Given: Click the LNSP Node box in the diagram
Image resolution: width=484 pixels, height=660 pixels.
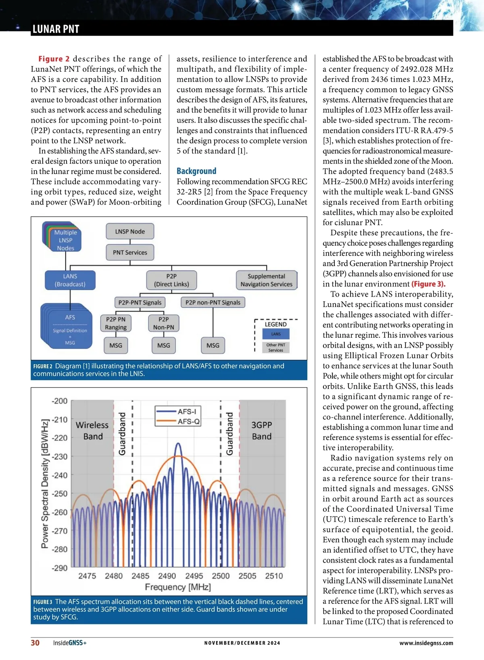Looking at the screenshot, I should [x=130, y=231].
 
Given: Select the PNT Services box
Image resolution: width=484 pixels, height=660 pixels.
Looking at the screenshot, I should [x=130, y=253].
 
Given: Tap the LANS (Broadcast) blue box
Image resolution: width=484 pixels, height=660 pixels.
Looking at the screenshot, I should [x=70, y=280].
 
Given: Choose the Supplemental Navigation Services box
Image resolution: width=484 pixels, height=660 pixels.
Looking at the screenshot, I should [x=266, y=280].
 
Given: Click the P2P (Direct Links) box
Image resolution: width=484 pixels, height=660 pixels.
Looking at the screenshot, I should [x=171, y=280].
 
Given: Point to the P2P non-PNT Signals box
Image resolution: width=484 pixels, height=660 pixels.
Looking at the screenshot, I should [x=213, y=302].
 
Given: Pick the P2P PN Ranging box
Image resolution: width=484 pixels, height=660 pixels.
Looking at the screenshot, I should [x=116, y=323].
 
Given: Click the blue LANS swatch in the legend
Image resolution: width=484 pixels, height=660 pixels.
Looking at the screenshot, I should [x=276, y=334].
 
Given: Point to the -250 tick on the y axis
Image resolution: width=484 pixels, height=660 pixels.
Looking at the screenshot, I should [x=60, y=494].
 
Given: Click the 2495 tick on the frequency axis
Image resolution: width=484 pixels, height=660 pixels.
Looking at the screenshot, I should [x=194, y=576].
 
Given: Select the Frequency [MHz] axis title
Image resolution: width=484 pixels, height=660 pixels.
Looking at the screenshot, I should [x=178, y=587].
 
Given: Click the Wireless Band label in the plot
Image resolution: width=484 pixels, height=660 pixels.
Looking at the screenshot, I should [x=92, y=431].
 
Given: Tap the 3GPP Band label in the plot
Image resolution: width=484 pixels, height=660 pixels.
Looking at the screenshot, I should [x=262, y=431].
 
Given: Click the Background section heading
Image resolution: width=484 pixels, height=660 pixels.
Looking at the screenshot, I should [x=196, y=171].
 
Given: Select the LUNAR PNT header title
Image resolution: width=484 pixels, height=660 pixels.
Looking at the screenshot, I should [x=56, y=29].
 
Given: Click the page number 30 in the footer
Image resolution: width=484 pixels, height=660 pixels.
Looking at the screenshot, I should [x=35, y=643].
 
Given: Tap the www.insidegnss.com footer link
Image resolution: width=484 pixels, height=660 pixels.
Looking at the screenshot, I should [x=426, y=643].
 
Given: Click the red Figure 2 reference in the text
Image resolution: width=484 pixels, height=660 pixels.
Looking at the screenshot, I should [x=54, y=59].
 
